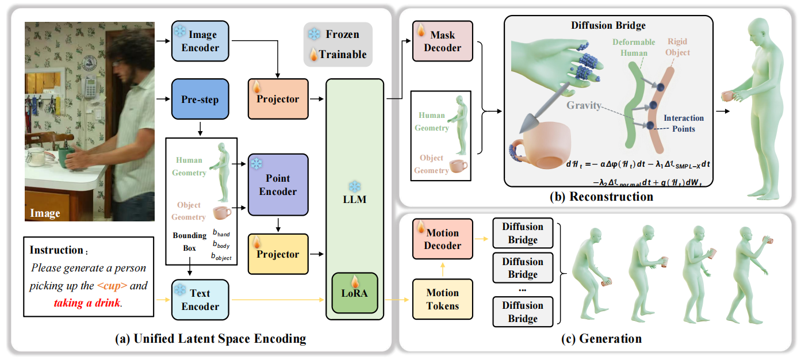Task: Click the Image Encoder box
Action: (x=200, y=41)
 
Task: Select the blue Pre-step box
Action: (x=200, y=99)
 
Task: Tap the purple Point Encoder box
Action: (x=278, y=185)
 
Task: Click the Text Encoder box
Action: (x=200, y=299)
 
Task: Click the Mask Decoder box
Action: (x=442, y=41)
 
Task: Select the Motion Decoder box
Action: (x=442, y=239)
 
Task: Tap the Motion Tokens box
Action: (x=442, y=299)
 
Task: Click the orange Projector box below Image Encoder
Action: (x=278, y=99)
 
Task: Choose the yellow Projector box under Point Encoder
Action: (x=278, y=254)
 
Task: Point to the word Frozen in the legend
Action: (x=342, y=35)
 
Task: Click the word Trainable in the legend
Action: (x=342, y=55)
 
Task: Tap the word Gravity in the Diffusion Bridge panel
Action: (x=584, y=105)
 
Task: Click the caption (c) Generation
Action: (x=601, y=339)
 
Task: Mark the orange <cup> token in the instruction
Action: (x=113, y=285)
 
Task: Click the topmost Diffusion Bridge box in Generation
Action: (x=523, y=233)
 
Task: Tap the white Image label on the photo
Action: (x=45, y=213)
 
